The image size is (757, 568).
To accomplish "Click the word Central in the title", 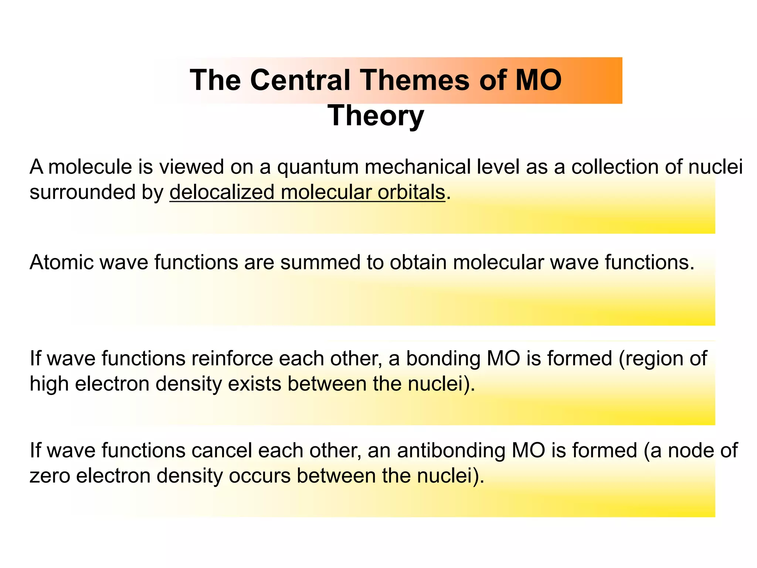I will [x=300, y=80].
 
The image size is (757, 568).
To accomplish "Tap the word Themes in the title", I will [x=414, y=80].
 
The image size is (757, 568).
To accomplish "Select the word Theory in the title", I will [x=376, y=116].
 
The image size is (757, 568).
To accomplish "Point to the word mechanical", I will [x=418, y=167].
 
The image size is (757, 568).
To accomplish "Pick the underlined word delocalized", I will [x=222, y=192].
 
